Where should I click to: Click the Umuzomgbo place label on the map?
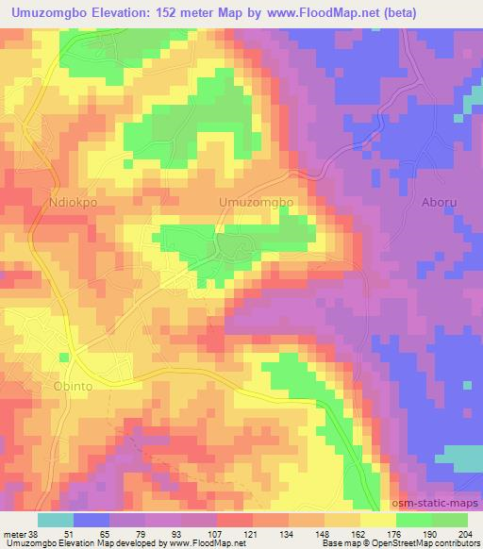[x=257, y=203]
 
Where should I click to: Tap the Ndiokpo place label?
[x=74, y=201]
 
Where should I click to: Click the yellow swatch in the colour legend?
[x=377, y=520]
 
